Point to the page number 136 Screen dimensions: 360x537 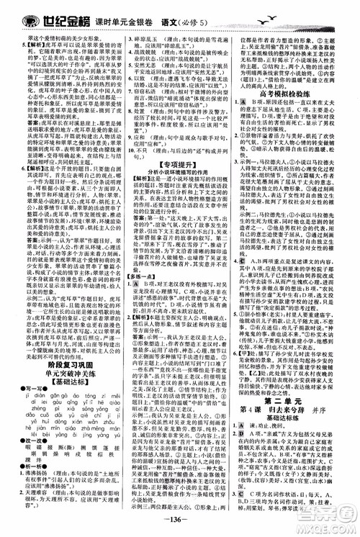180,529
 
